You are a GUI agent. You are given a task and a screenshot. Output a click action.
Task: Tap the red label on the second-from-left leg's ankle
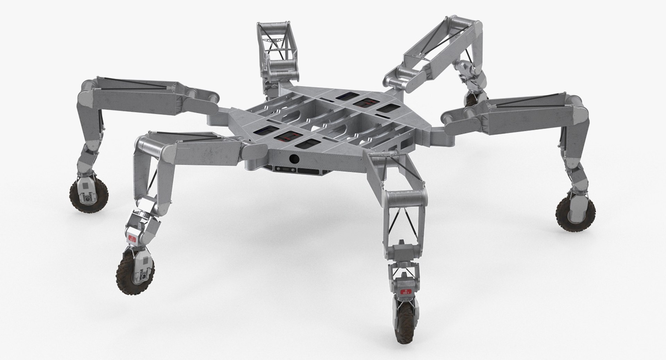(x=132, y=238)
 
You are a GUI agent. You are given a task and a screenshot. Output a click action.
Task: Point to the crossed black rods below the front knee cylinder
(x=403, y=225)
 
